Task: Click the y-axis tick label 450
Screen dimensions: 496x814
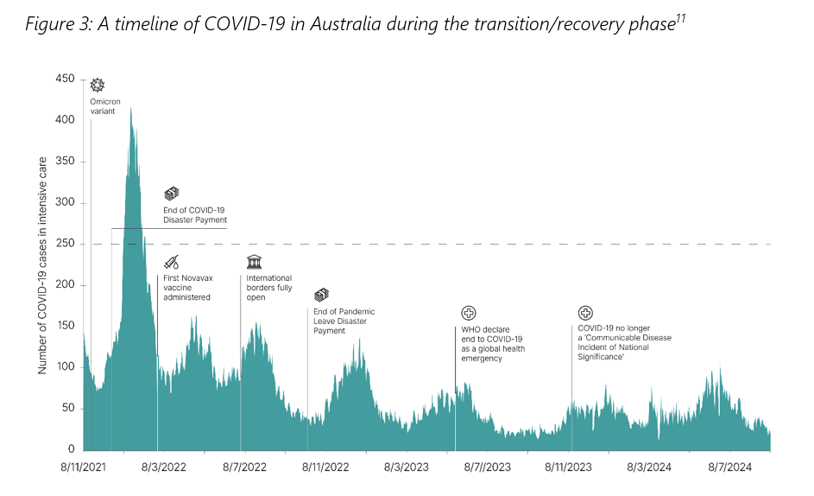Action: [65, 79]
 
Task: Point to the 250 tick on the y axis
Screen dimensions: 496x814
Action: [65, 244]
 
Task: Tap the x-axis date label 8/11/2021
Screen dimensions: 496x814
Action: [84, 467]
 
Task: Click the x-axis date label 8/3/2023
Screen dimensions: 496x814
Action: [405, 467]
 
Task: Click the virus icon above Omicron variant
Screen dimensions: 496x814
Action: [98, 85]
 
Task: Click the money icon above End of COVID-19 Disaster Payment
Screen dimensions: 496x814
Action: [171, 194]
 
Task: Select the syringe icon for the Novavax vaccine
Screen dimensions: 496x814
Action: [172, 262]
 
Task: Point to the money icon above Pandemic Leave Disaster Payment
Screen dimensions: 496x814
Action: [321, 296]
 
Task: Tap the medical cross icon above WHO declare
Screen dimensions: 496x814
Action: [469, 313]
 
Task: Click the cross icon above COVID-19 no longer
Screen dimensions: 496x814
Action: [585, 313]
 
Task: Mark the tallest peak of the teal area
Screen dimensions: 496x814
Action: [130, 109]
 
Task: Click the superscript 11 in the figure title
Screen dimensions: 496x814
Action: [680, 19]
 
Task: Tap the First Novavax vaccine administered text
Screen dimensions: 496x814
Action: [187, 287]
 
